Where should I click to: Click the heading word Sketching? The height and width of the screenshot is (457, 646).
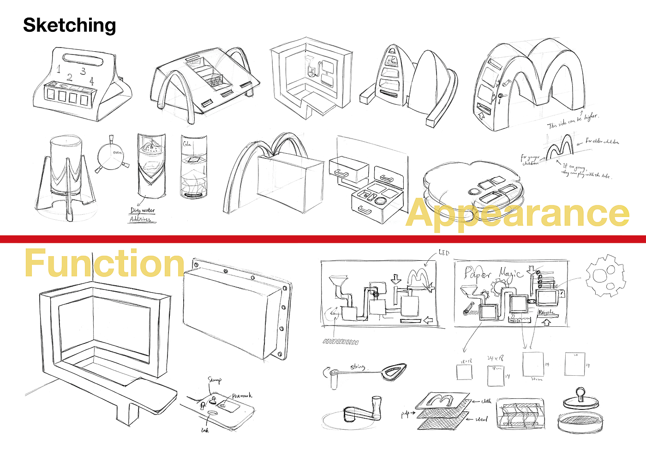(69, 25)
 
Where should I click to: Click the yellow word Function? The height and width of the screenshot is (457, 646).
(104, 263)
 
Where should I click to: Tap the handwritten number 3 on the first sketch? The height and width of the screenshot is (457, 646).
(83, 71)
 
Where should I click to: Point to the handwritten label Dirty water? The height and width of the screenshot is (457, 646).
(143, 210)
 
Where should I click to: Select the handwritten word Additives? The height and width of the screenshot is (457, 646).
(140, 219)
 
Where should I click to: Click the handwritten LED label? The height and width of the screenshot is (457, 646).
(444, 253)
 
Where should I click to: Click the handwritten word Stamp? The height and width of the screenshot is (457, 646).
(215, 380)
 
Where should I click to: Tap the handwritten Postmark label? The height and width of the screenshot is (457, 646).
(242, 396)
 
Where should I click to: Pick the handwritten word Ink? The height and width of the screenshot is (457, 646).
(205, 430)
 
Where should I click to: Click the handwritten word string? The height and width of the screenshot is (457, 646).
(358, 367)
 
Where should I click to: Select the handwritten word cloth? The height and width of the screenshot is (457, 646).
(486, 401)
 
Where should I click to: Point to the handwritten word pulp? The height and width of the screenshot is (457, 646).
(405, 414)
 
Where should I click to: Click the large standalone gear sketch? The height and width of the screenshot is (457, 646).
(605, 276)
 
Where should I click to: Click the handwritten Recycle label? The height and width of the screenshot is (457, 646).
(546, 313)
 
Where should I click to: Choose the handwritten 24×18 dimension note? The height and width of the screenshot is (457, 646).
(495, 358)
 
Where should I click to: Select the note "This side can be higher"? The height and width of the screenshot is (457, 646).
(573, 120)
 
